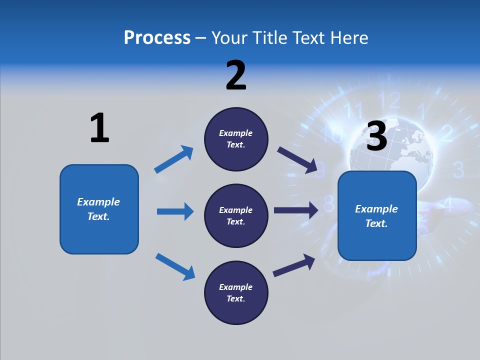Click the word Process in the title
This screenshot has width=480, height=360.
[157, 37]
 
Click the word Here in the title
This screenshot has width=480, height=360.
[350, 37]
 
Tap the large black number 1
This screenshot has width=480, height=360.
[99, 128]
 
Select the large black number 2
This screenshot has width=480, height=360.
[236, 75]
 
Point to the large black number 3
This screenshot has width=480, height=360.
[377, 136]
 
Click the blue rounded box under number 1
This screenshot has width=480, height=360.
[99, 209]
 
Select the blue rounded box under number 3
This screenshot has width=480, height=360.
[377, 215]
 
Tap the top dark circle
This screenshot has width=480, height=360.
[236, 138]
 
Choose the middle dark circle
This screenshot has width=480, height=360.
[236, 215]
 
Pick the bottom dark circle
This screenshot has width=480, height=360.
[236, 292]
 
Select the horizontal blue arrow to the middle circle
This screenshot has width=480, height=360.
[175, 211]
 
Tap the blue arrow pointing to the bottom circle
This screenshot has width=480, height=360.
[175, 266]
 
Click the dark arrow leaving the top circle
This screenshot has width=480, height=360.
[297, 160]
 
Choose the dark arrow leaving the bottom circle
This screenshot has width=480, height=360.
[294, 265]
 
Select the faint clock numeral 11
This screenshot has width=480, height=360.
[354, 109]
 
